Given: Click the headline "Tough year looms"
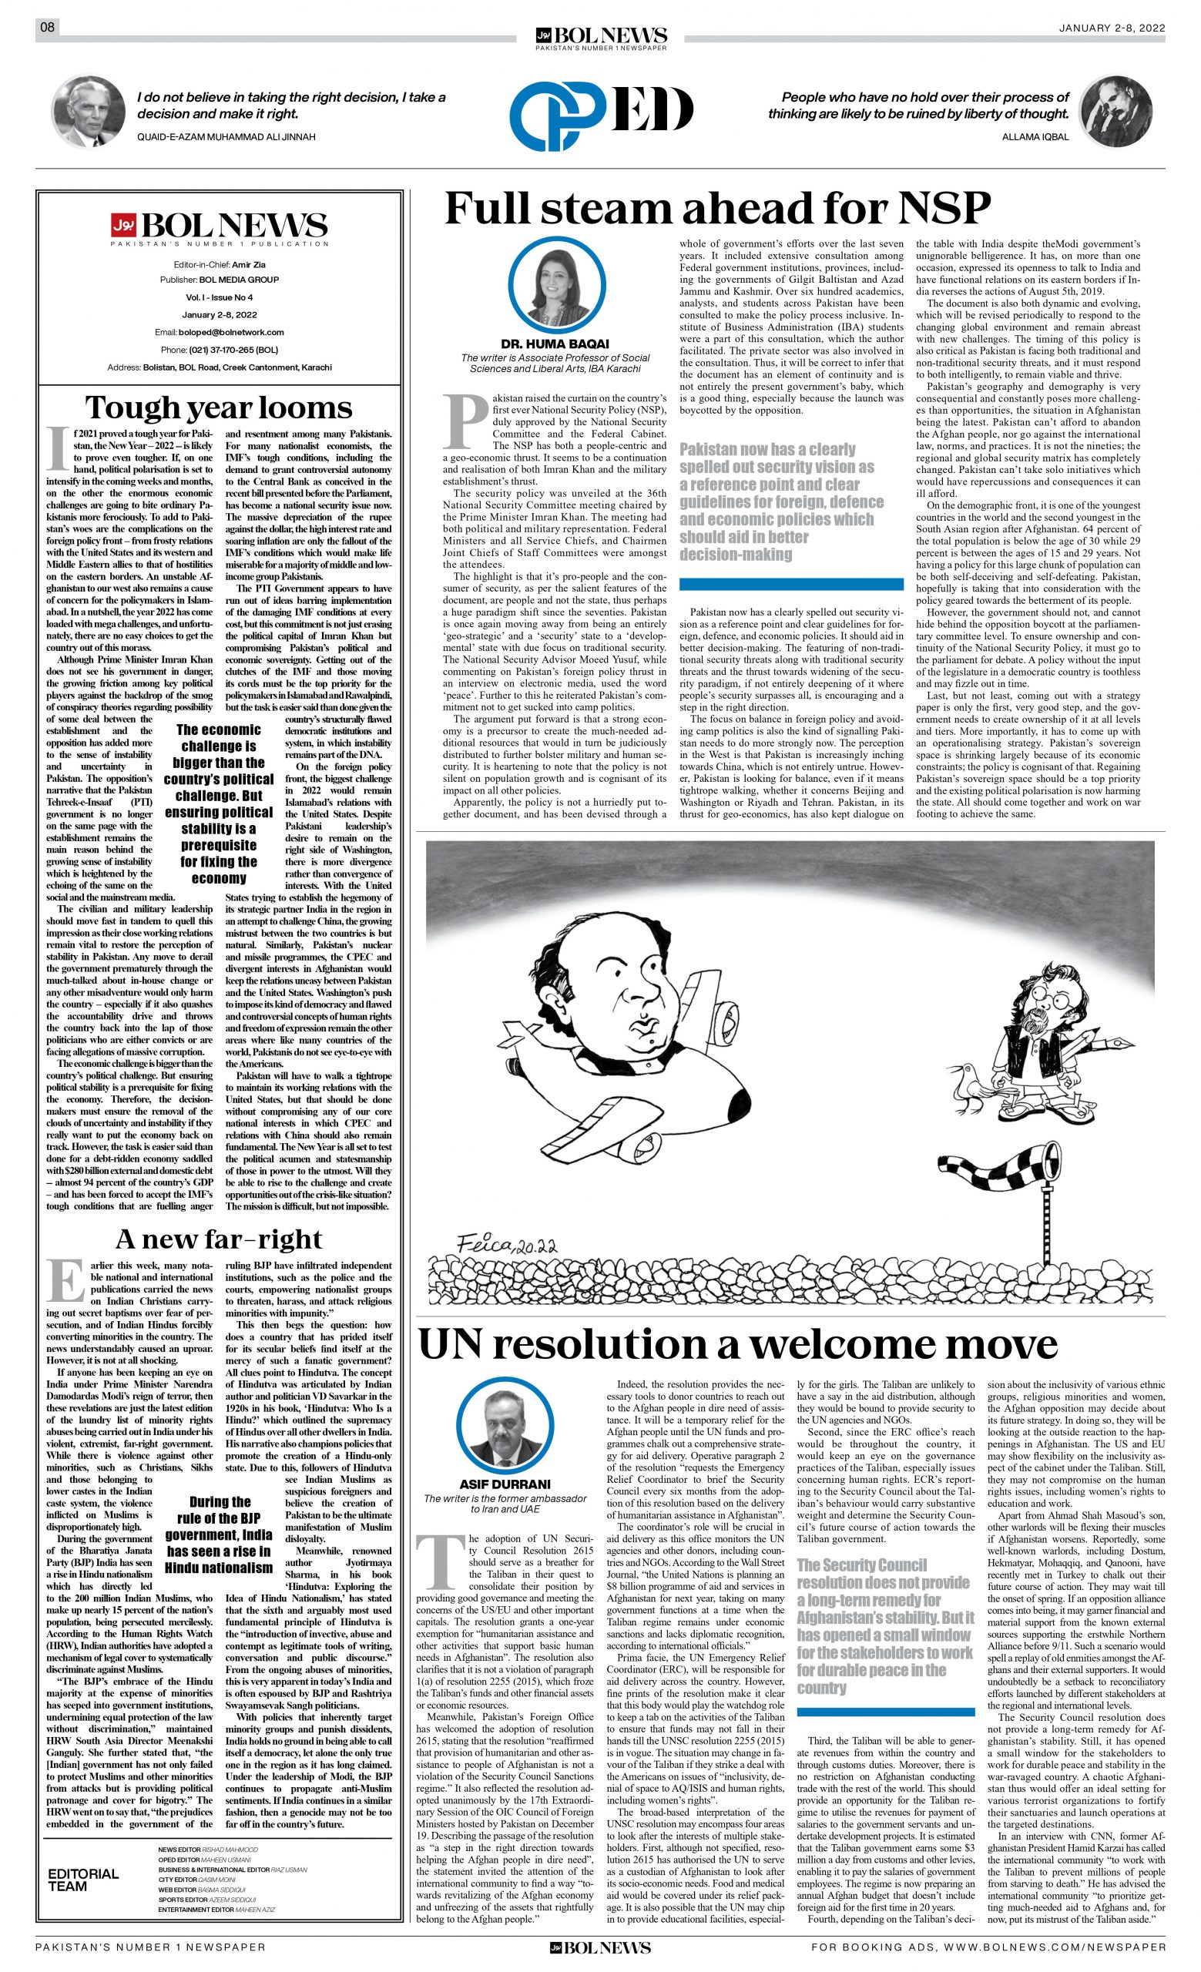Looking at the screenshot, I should (219, 407).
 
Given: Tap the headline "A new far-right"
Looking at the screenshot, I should (219, 1239).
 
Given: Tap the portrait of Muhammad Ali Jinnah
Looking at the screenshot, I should (89, 111).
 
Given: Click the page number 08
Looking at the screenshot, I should (47, 28).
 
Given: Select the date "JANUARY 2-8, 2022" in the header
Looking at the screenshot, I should (1112, 28).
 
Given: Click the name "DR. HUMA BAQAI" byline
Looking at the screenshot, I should (555, 344).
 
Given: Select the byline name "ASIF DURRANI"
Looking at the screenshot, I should (505, 1484).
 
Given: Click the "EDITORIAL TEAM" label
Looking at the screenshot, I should (83, 1880).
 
